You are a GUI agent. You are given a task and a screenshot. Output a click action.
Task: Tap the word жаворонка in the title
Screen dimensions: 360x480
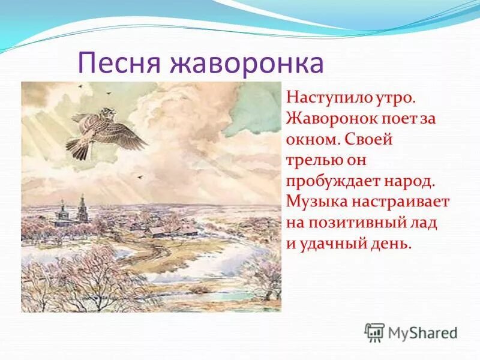[x=248, y=63]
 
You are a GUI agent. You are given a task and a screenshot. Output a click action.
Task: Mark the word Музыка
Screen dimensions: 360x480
[x=314, y=202]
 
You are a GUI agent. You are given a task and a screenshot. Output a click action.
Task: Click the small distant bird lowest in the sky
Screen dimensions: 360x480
[x=141, y=177]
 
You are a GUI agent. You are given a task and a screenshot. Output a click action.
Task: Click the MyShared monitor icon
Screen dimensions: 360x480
[x=374, y=332]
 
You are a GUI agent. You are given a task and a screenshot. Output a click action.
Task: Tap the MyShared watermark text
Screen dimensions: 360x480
[x=422, y=332]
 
